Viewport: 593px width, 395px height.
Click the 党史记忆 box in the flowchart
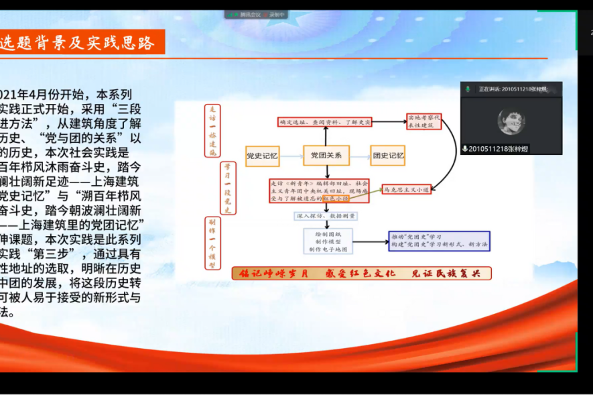pyautogui.click(x=262, y=156)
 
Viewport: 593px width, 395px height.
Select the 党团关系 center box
pyautogui.click(x=326, y=156)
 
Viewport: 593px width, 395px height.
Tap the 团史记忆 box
pyautogui.click(x=388, y=156)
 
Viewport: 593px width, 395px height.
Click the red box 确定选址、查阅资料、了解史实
pyautogui.click(x=324, y=122)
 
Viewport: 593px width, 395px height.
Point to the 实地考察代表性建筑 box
pyautogui.click(x=423, y=121)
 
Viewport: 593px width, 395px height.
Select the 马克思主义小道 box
pyautogui.click(x=406, y=189)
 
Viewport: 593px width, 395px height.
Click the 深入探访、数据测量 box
pyautogui.click(x=326, y=217)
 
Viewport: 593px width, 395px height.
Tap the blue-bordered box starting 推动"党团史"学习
pyautogui.click(x=439, y=241)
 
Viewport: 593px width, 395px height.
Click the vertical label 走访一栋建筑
pyautogui.click(x=212, y=131)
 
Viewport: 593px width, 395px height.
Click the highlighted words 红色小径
pyautogui.click(x=335, y=199)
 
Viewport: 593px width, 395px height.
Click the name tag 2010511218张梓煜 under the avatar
pyautogui.click(x=499, y=149)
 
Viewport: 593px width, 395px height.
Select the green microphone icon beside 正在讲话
pyautogui.click(x=468, y=89)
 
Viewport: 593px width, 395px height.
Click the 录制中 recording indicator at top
pyautogui.click(x=275, y=14)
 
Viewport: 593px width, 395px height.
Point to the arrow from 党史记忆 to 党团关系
pyautogui.click(x=291, y=156)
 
